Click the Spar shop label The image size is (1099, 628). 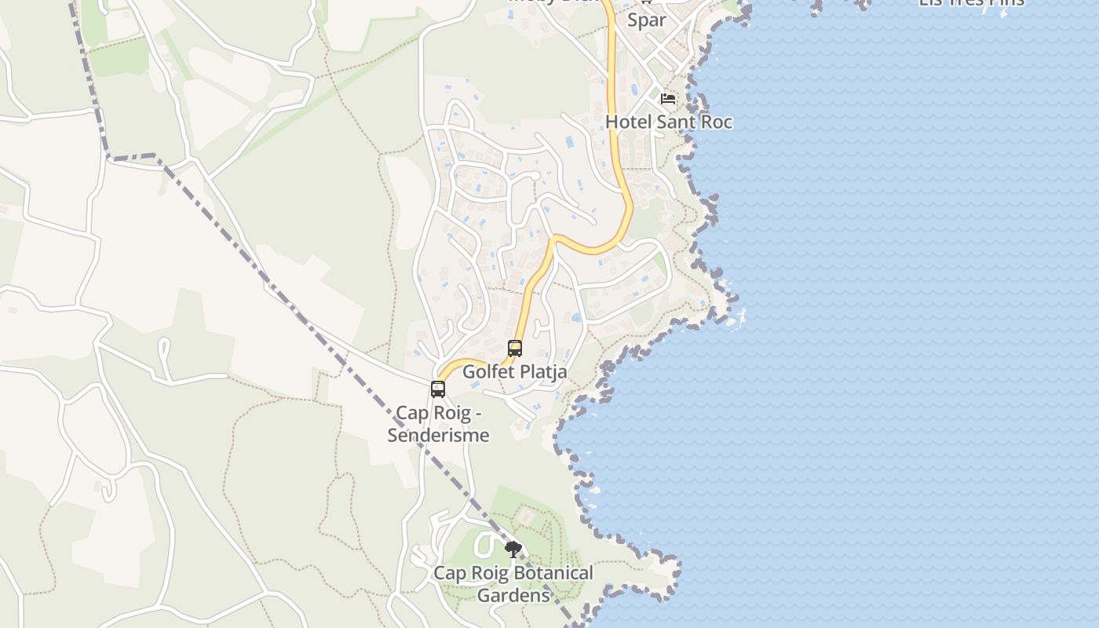pos(647,20)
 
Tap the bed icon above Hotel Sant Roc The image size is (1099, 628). pos(668,99)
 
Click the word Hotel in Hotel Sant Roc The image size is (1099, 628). pos(628,122)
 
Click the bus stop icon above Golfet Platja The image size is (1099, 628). pos(515,348)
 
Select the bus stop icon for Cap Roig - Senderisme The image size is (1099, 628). pos(438,389)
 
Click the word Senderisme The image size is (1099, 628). pos(438,435)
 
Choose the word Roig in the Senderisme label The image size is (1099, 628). pos(451,413)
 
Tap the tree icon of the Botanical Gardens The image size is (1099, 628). pos(513,549)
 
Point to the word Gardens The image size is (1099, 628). pos(513,595)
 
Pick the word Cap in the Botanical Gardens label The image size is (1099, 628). pos(450,573)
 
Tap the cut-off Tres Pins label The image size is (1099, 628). pos(972,2)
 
